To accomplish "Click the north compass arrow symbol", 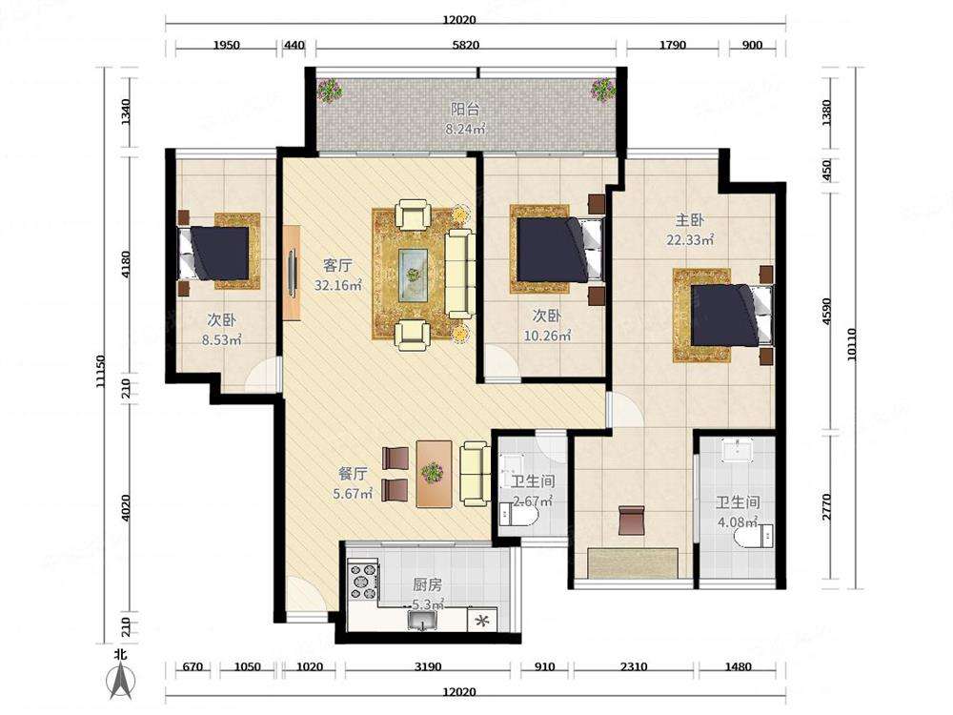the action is [121, 680].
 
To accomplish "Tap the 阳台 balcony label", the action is [466, 109].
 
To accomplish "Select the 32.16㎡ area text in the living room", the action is [338, 284].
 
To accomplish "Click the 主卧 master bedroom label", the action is [689, 219].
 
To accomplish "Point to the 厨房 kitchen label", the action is [427, 585].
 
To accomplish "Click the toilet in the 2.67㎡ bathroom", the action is [517, 516].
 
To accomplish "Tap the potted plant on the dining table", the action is [432, 472].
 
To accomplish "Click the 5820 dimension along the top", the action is [466, 45].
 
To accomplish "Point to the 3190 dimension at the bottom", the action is [427, 666].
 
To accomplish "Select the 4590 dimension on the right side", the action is [826, 312].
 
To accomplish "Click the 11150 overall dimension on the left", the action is [101, 372].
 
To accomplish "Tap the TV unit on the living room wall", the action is [292, 273].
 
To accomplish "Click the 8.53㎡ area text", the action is [222, 340].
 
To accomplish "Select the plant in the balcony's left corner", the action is [329, 91].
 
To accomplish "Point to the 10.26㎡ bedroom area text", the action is [548, 335].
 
